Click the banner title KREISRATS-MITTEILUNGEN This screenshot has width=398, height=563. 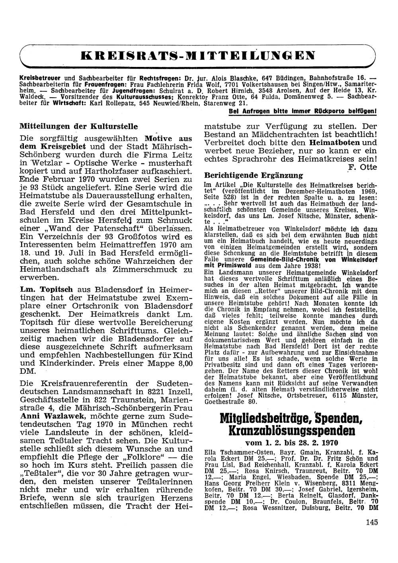click(x=197, y=55)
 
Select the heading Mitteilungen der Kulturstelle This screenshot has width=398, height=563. click(x=79, y=127)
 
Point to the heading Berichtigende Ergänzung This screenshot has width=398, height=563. click(x=253, y=175)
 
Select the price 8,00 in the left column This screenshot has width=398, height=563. click(x=183, y=363)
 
